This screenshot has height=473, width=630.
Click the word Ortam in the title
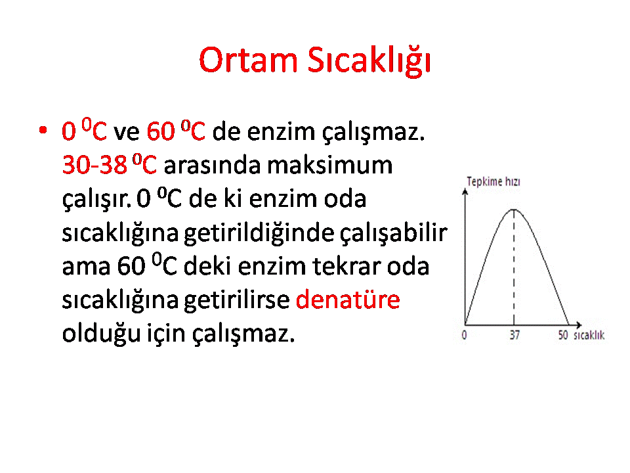point(248,60)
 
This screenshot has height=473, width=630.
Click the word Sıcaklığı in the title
point(369,61)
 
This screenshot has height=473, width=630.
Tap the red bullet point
point(43,130)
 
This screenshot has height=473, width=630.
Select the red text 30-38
point(94,165)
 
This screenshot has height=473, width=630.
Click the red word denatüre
point(348,300)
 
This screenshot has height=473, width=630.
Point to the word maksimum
point(330,165)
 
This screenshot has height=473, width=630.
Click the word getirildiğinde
point(259,233)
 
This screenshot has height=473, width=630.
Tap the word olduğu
point(101,334)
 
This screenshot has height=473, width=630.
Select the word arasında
point(212,165)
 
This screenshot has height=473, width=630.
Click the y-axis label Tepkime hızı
point(493,182)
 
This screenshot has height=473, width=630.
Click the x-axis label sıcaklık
point(589,335)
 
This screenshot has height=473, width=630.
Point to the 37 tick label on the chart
point(514,335)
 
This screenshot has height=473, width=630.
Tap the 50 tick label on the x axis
point(563,335)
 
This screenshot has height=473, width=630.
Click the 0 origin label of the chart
point(465,335)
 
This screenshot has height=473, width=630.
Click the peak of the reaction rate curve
point(514,210)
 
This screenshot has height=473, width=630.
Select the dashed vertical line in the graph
point(514,267)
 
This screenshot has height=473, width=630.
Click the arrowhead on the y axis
point(465,191)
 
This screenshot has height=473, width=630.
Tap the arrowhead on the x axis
point(579,325)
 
